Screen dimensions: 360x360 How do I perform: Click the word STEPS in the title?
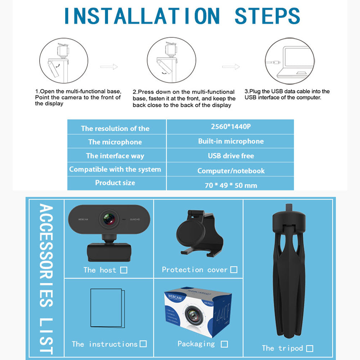click(x=267, y=15)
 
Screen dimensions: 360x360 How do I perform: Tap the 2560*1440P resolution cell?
click(x=231, y=127)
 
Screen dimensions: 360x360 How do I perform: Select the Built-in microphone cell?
click(x=231, y=141)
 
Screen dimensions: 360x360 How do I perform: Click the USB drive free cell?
click(x=231, y=156)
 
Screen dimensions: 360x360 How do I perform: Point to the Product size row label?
click(x=115, y=183)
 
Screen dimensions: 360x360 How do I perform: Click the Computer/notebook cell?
click(x=231, y=171)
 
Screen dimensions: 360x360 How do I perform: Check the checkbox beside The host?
click(x=124, y=270)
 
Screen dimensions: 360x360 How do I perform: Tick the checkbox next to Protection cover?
click(x=234, y=270)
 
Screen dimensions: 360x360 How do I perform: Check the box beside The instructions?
click(x=143, y=344)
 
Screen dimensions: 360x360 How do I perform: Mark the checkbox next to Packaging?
click(x=224, y=344)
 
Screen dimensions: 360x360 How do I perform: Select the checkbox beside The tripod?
click(x=310, y=348)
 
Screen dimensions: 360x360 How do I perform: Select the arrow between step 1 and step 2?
click(x=109, y=67)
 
